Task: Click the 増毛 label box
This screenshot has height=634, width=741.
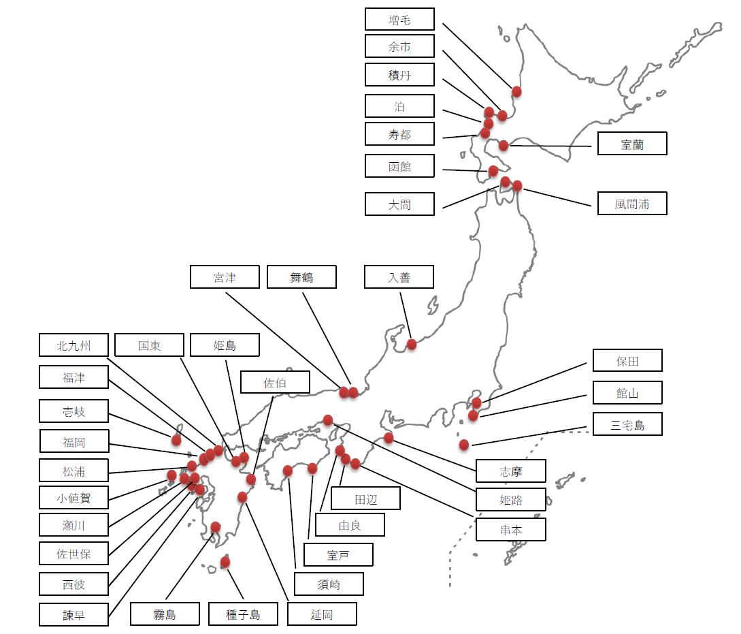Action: point(399,20)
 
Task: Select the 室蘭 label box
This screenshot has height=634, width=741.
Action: point(632,144)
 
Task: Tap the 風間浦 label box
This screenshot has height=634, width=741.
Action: point(632,204)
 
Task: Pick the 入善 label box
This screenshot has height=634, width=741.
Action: point(399,277)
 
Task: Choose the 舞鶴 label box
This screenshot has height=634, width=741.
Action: point(301,277)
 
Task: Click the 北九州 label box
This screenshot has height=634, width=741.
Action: point(73,345)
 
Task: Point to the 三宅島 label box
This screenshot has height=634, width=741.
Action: point(627,425)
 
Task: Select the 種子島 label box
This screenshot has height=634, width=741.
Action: point(243,614)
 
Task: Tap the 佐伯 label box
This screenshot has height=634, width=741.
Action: point(275,383)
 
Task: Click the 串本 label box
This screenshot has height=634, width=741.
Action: point(511,530)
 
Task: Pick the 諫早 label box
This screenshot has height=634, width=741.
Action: point(73,615)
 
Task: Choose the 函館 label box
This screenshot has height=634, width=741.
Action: point(399,166)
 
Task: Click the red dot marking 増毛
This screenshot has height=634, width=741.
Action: point(516,91)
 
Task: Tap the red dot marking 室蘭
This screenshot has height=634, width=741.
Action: point(504,145)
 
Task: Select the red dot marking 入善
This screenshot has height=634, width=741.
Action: point(412,344)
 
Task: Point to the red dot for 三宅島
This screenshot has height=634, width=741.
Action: point(464,445)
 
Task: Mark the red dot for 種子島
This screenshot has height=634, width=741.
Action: point(225,562)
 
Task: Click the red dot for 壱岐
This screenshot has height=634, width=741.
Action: point(176,440)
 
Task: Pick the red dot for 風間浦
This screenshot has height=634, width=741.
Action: point(517,185)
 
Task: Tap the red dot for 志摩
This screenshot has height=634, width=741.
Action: point(389,438)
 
